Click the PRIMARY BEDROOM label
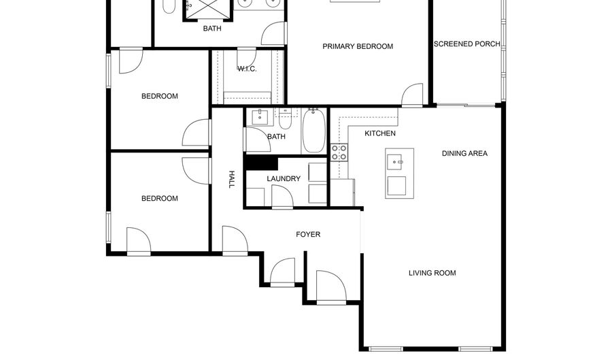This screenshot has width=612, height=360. (x=358, y=46)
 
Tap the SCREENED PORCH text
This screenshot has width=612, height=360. (x=466, y=44)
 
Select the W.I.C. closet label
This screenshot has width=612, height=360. (x=247, y=69)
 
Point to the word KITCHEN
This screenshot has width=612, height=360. (x=380, y=133)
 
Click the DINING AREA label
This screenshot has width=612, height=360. (x=464, y=154)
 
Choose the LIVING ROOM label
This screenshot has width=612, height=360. (x=432, y=274)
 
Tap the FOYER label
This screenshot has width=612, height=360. (x=307, y=235)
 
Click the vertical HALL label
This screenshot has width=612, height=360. (x=231, y=179)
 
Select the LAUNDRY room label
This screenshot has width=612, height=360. (x=284, y=179)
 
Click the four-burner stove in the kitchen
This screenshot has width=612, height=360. (x=339, y=152)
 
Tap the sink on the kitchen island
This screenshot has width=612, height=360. (x=395, y=162)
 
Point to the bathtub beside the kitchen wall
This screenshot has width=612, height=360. (x=313, y=130)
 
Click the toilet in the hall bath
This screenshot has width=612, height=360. (x=286, y=119)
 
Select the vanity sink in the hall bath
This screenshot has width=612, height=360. (x=259, y=117)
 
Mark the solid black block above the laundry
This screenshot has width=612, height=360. (x=262, y=163)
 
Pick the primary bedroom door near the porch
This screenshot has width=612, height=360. (x=412, y=97)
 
